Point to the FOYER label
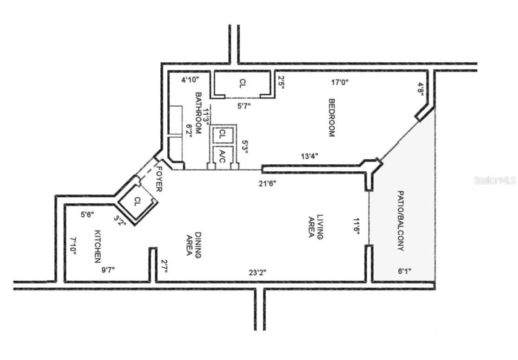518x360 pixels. coord(159,179)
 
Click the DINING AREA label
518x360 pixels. coord(193,245)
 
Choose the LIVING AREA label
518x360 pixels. coord(316,226)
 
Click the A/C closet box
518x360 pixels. coord(222,156)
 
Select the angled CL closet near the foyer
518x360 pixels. coord(137,202)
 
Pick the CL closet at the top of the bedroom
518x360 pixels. coord(242,84)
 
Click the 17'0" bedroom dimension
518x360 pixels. coord(340,83)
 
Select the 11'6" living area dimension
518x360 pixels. coord(356,226)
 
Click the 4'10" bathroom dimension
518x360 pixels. coord(190,80)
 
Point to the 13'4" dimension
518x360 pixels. coord(310,156)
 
